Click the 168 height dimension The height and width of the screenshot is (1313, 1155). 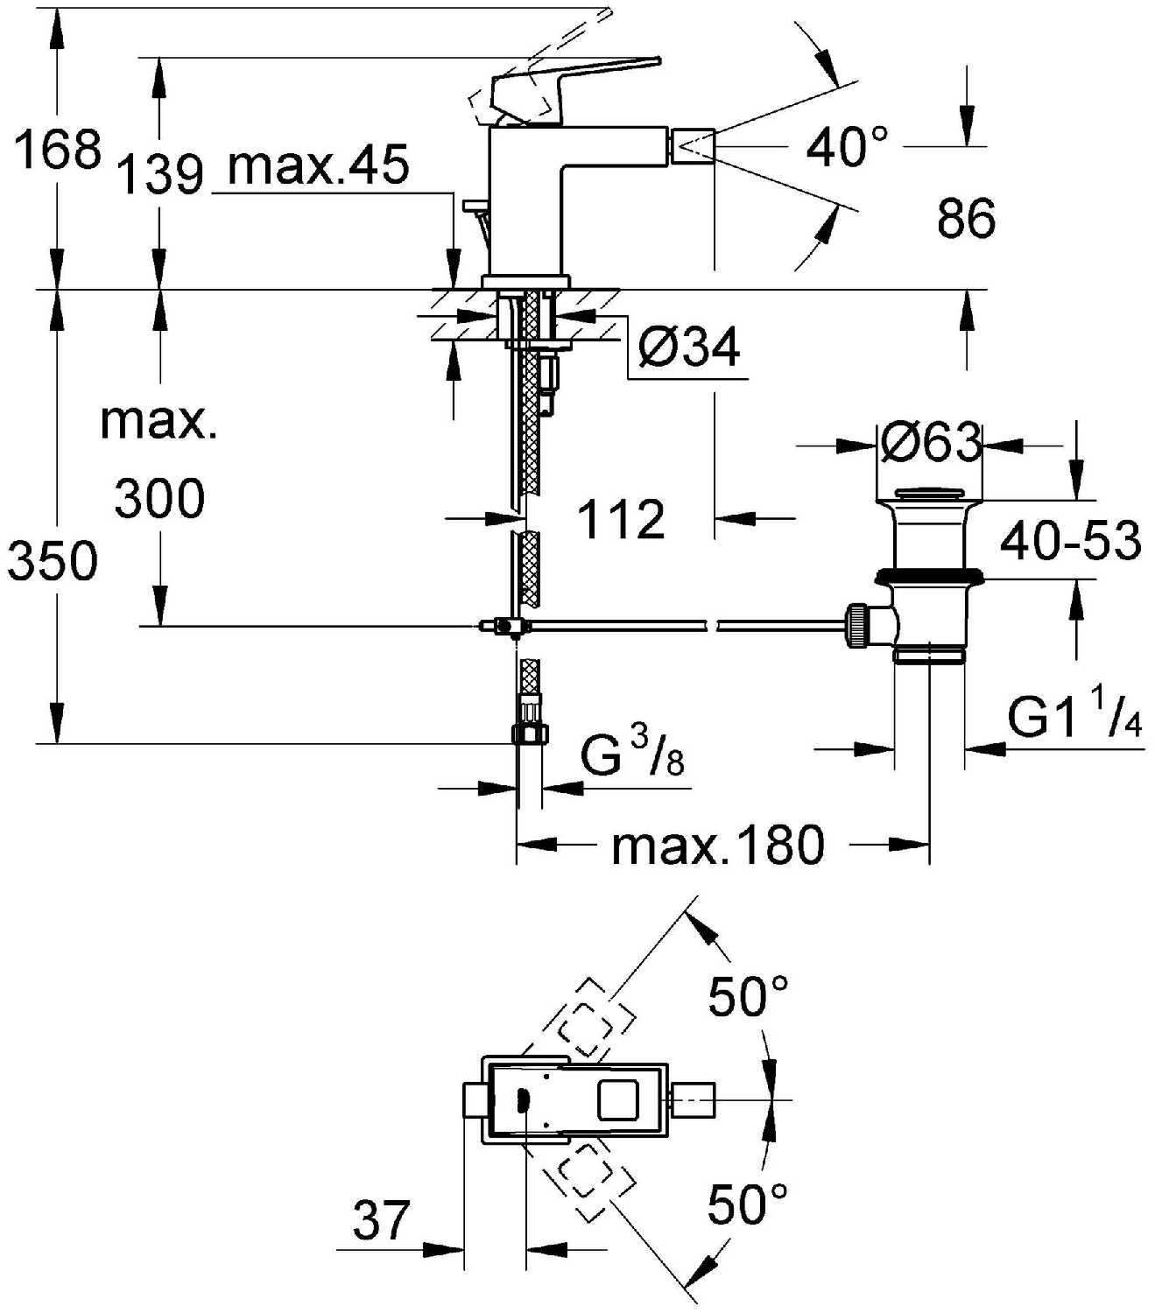[58, 149]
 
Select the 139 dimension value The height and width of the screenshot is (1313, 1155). [159, 173]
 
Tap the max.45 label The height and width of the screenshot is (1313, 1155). [319, 165]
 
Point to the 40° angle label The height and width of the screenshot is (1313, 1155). [846, 146]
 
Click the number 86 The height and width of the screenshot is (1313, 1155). [966, 218]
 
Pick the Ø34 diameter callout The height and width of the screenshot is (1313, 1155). [689, 348]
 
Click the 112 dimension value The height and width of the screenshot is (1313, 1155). [621, 520]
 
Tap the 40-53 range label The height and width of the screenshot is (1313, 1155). [1070, 540]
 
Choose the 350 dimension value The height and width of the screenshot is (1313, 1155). [53, 560]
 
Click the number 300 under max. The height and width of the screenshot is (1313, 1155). [159, 499]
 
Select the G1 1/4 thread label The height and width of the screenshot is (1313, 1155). [1074, 717]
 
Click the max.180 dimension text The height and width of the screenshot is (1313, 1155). [717, 846]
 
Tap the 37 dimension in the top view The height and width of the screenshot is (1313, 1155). [381, 1219]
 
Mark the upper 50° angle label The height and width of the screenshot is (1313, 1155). [748, 996]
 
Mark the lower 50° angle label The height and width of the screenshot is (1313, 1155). [748, 1204]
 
